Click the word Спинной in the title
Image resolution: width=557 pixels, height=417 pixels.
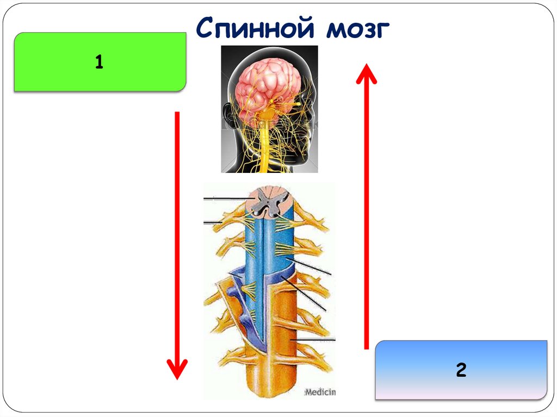click(255, 28)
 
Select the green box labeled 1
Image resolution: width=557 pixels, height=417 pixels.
click(100, 62)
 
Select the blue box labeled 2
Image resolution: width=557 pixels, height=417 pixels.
click(461, 370)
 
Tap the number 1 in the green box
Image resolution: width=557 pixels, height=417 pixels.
click(99, 63)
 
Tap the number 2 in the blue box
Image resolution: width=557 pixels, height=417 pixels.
click(461, 370)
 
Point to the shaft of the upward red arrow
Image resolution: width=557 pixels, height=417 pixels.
click(367, 217)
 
